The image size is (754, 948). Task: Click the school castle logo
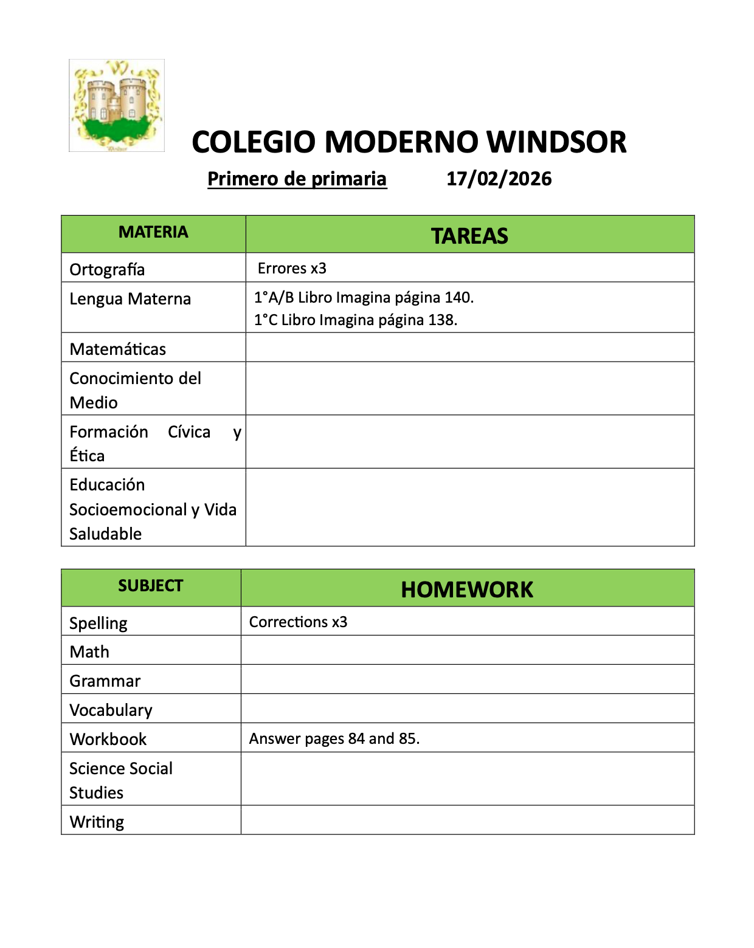pyautogui.click(x=117, y=105)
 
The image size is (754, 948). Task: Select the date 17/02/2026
pyautogui.click(x=499, y=179)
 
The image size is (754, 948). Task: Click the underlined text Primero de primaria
pyautogui.click(x=297, y=179)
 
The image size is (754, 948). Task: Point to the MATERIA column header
pyautogui.click(x=153, y=232)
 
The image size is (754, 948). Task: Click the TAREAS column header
pyautogui.click(x=469, y=236)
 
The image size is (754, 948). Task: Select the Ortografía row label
pyautogui.click(x=107, y=269)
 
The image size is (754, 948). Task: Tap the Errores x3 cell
pyautogui.click(x=292, y=269)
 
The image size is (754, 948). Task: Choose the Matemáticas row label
pyautogui.click(x=117, y=349)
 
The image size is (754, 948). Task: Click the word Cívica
pyautogui.click(x=189, y=432)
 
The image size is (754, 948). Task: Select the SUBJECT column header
pyautogui.click(x=150, y=586)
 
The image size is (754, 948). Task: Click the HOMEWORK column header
pyautogui.click(x=467, y=589)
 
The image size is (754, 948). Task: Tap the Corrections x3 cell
pyautogui.click(x=298, y=622)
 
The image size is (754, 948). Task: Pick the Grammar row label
pyautogui.click(x=105, y=681)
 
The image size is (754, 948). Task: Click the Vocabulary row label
pyautogui.click(x=111, y=710)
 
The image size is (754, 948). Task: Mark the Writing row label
pyautogui.click(x=97, y=822)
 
